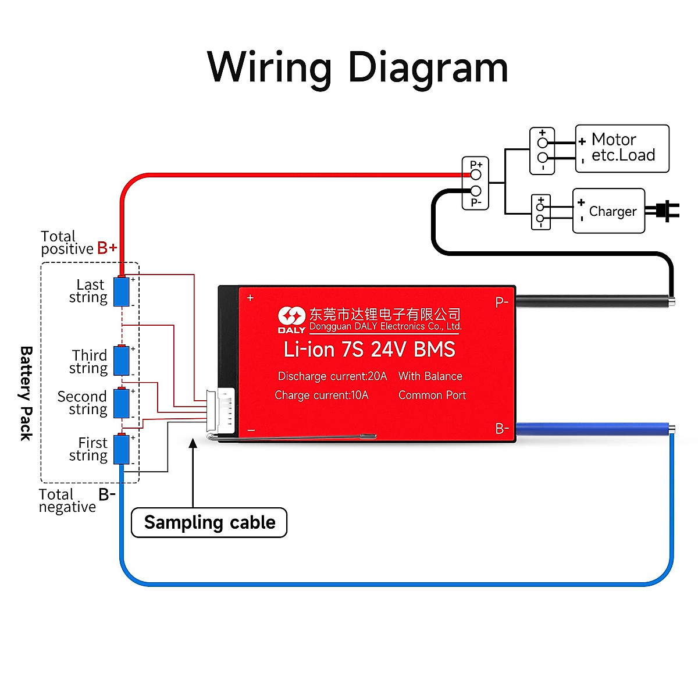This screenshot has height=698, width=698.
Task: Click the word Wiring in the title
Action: click(269, 68)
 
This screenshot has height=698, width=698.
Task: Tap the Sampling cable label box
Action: click(209, 522)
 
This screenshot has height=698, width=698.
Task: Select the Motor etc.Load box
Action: click(622, 148)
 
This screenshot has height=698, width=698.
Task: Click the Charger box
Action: click(609, 211)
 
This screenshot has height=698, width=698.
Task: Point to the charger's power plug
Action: click(666, 211)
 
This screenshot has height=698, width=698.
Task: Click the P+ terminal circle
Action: click(476, 174)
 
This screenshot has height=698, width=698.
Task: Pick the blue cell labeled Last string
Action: click(121, 291)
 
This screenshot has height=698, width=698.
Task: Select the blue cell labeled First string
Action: click(121, 449)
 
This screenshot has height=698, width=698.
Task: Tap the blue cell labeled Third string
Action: click(121, 361)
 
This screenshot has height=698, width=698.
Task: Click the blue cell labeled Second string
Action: click(121, 403)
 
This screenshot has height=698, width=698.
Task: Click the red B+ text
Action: click(107, 248)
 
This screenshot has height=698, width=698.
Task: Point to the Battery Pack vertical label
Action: click(26, 393)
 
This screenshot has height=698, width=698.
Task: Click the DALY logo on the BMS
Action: click(291, 319)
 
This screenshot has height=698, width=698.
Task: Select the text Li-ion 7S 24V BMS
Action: click(369, 350)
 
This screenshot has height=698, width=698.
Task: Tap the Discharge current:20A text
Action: click(332, 376)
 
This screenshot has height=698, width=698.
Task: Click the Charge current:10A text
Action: click(322, 396)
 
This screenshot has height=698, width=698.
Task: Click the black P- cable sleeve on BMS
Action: click(593, 301)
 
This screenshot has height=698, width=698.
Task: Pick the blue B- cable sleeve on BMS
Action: click(593, 429)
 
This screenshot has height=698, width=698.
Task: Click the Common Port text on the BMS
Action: click(432, 396)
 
